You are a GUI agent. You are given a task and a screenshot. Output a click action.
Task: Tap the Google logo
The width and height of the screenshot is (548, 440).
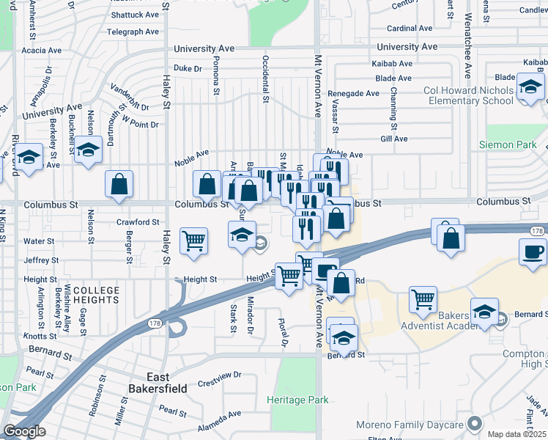tap(24, 431)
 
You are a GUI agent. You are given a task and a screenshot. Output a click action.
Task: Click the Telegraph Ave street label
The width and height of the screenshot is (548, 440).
tap(133, 32)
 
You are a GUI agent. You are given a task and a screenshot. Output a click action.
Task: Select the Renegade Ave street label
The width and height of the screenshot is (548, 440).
tap(353, 93)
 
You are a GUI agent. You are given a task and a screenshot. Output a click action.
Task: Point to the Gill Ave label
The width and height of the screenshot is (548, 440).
tap(394, 139)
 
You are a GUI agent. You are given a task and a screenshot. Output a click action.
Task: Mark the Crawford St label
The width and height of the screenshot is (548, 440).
tap(138, 222)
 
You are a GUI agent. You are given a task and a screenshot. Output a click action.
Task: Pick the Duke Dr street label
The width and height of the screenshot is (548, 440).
tap(188, 68)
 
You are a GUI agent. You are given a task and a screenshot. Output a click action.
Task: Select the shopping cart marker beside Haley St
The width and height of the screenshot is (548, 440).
tap(193, 241)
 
